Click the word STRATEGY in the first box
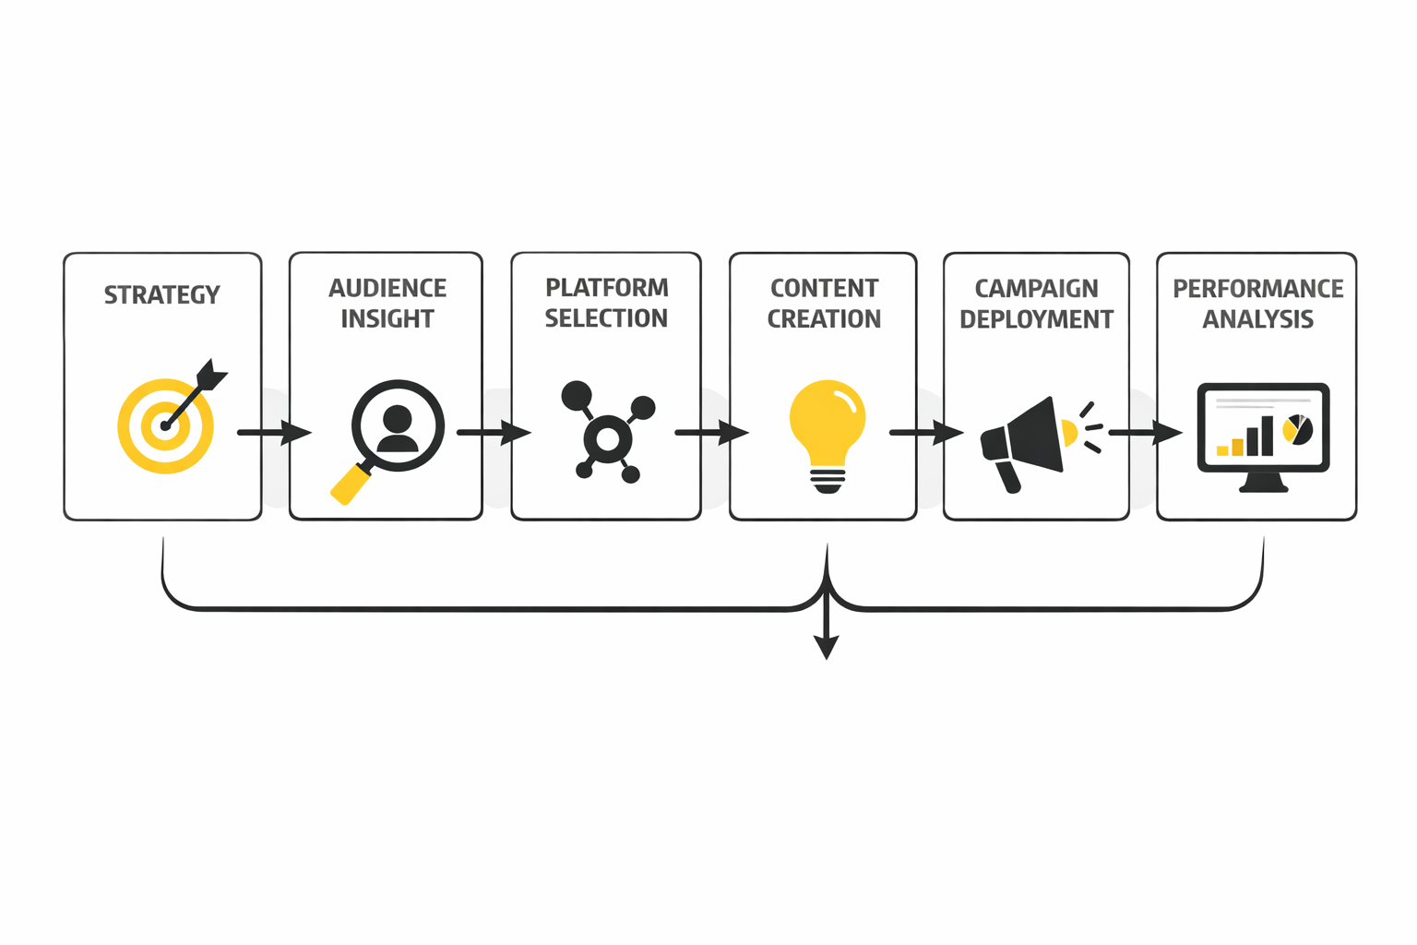tap(161, 295)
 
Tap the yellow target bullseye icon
tap(165, 426)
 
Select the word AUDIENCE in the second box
tap(387, 289)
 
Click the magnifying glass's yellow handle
tap(348, 485)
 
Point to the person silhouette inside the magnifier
tap(398, 427)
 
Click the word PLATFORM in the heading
tap(606, 288)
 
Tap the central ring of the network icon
tap(607, 440)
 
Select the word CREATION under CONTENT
tap(824, 319)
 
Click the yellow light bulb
tap(828, 425)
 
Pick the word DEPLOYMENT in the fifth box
tap(1036, 319)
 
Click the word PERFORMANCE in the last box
tap(1257, 289)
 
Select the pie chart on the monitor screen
tap(1298, 430)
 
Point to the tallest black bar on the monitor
tap(1268, 436)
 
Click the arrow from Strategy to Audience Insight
tap(274, 432)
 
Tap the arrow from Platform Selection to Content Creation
tap(711, 432)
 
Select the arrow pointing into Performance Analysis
tap(1145, 432)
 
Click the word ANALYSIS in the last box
tap(1257, 319)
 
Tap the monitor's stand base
tap(1263, 486)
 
